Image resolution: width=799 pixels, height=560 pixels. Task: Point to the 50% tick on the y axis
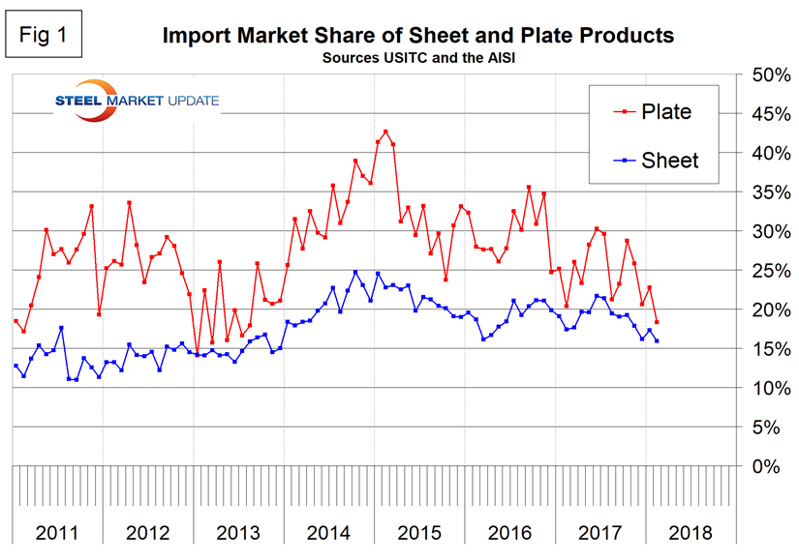761,75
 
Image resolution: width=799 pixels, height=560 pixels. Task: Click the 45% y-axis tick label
761,114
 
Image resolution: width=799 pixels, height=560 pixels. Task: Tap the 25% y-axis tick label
761,271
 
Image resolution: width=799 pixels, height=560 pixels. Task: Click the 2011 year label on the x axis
57,532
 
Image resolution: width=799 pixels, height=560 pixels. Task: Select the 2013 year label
238,532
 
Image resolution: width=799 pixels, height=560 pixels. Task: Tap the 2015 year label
419,532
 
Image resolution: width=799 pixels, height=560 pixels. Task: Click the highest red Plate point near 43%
385,132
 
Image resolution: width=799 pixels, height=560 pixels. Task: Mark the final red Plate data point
657,322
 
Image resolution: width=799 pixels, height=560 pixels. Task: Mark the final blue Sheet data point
657,340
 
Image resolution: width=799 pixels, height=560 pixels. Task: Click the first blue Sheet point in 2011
15,366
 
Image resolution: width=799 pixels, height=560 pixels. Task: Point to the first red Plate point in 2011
15,321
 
